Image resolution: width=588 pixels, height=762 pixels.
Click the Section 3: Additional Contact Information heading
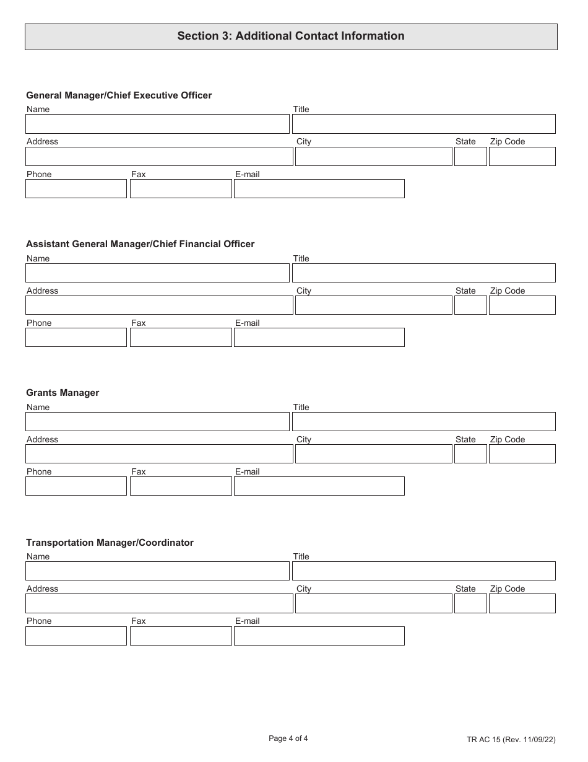(x=291, y=36)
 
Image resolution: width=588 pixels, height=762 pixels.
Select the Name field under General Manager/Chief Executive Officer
(x=157, y=124)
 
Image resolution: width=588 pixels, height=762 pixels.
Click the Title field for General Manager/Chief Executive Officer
(x=423, y=124)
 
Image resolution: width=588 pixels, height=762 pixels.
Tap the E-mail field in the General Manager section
(x=319, y=189)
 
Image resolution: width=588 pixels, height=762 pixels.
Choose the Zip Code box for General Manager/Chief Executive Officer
(x=522, y=157)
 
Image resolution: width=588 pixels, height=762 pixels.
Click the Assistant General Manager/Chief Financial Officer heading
(x=140, y=244)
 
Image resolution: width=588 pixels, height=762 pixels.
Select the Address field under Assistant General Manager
(x=159, y=305)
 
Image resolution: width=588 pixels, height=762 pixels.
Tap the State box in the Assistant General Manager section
(x=470, y=305)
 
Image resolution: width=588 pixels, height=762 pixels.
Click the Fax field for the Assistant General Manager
(x=181, y=338)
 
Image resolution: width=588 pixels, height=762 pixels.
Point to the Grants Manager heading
(x=63, y=393)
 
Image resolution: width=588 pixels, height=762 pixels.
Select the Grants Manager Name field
(x=157, y=422)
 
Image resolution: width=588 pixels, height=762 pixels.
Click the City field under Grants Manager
(x=373, y=454)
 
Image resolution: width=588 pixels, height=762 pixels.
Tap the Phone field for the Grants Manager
(x=76, y=486)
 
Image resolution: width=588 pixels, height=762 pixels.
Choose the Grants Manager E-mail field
(x=319, y=486)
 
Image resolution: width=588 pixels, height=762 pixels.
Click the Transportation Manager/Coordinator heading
(x=110, y=543)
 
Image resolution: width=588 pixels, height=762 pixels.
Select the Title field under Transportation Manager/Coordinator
(x=423, y=571)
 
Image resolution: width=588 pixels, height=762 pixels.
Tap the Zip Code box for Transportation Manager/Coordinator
(x=522, y=603)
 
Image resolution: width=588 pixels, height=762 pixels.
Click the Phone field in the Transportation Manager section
(x=76, y=636)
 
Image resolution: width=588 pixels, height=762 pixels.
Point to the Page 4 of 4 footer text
(x=288, y=738)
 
